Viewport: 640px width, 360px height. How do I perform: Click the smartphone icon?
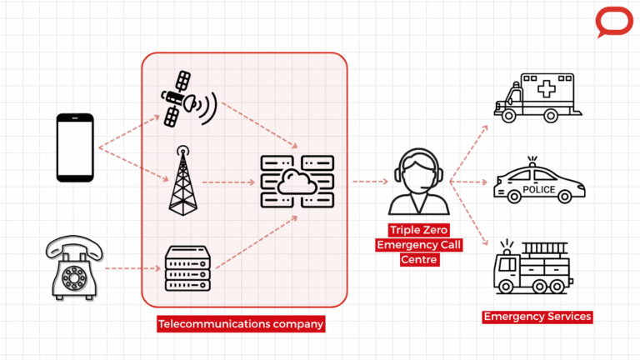[x=74, y=148]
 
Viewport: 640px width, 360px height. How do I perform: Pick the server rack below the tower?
[x=184, y=268]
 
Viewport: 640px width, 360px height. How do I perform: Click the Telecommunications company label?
[x=240, y=323]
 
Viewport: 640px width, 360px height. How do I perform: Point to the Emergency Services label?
[x=537, y=317]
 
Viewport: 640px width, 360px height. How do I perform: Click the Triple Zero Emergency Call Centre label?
[x=419, y=244]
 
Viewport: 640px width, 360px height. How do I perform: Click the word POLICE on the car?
[x=538, y=189]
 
